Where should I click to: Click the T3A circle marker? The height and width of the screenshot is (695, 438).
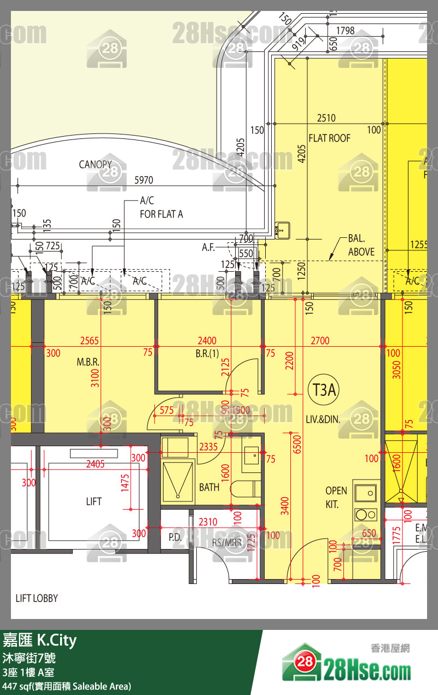point(324,390)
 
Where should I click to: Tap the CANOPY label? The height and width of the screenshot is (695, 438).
point(95,164)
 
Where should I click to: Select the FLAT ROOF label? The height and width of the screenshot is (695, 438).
point(329,138)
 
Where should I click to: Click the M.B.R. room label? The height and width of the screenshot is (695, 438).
point(87,363)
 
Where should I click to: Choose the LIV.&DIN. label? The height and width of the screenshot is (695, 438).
point(323,420)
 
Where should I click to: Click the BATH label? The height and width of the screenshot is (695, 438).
point(209,487)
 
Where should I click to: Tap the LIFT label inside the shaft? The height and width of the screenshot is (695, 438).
point(94,501)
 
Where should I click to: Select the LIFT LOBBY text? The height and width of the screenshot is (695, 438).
point(37,598)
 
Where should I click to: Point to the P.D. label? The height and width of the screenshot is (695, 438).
point(175,538)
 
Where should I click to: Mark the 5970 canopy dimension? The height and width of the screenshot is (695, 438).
point(144,180)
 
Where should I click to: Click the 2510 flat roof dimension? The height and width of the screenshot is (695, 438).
point(326,118)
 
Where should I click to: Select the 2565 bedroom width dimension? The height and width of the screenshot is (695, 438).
point(89,341)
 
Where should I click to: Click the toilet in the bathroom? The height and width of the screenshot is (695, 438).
point(244,488)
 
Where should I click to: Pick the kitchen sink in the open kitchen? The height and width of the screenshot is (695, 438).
point(365,493)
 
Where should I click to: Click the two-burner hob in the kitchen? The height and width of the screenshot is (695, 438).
point(365,514)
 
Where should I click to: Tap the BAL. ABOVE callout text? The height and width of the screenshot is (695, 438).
point(361,246)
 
